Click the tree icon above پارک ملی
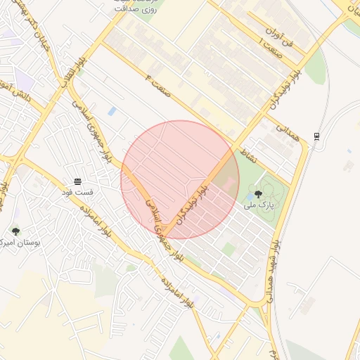258,194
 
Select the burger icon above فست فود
77,180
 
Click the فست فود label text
77,191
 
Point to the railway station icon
317,136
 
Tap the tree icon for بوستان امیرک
15,231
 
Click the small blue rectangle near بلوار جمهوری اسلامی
112,111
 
